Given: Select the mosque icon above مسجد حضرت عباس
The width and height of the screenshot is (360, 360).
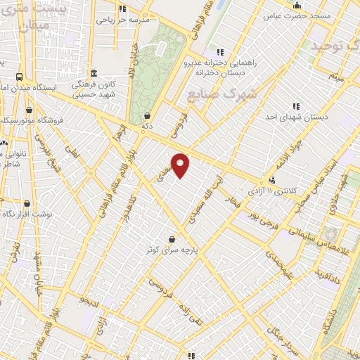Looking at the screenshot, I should coord(296,4).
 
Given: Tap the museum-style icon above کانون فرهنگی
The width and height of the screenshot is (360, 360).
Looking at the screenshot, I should coord(94,73).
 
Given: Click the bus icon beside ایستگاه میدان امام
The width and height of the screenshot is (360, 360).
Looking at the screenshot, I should coord(19,77).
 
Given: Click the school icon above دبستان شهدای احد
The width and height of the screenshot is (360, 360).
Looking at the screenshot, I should coord(295,106).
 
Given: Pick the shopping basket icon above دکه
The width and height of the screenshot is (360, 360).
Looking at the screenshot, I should coord(147,115).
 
